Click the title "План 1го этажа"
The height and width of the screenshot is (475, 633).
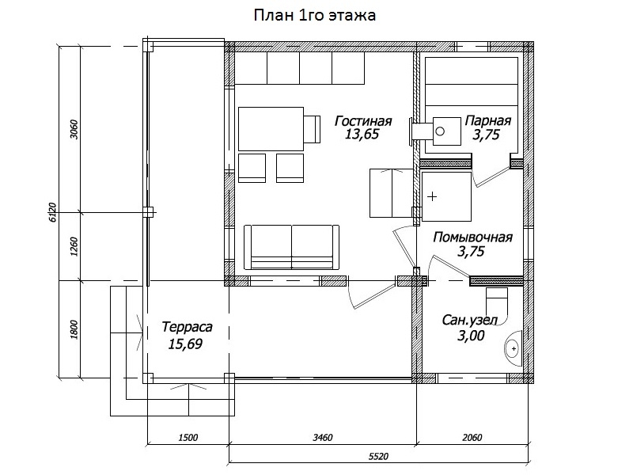coord(314,15)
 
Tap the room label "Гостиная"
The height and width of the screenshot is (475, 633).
coord(363,121)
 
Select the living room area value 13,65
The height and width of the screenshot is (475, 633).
coord(362,134)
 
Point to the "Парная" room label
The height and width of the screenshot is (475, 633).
coord(487,120)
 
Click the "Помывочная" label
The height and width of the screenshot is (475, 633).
coord(472,237)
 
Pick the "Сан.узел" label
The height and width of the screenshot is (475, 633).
coord(469,320)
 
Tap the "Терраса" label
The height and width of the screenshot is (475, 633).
coord(187,326)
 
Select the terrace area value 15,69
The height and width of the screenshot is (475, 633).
coord(185,344)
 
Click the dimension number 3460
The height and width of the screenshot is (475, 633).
coord(323,438)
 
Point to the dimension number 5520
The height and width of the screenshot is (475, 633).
coord(378,457)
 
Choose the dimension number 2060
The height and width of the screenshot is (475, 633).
coord(472,438)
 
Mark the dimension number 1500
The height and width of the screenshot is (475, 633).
coord(188,438)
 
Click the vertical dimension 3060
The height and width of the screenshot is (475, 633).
coord(74,129)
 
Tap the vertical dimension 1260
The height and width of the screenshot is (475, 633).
coord(74,246)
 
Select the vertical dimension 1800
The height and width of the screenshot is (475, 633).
coord(74,329)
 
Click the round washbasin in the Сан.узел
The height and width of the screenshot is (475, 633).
coord(513,348)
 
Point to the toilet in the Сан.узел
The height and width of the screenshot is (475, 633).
coord(497,301)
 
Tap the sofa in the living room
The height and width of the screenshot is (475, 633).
coord(291,247)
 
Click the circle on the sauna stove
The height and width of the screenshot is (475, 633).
coord(441,131)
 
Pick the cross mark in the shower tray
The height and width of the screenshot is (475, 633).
coord(432,196)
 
